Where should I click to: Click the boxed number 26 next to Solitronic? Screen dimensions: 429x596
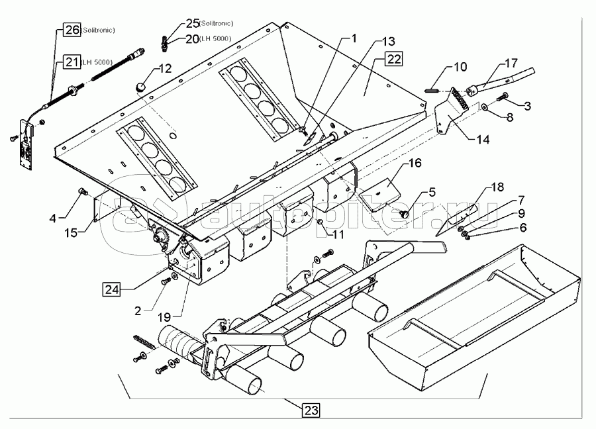[72, 30]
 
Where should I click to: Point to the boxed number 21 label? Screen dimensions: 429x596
[72, 62]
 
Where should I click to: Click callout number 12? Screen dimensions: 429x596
[165, 68]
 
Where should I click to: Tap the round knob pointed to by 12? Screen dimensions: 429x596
[140, 85]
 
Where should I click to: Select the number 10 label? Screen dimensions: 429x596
[460, 67]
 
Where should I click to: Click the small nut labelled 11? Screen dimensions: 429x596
[320, 221]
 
